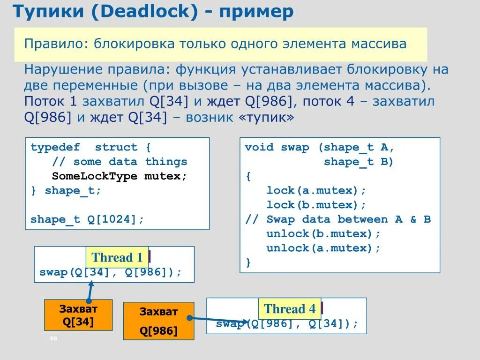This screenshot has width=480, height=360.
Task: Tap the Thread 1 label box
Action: tap(117, 257)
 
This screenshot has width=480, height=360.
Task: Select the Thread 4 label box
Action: tap(290, 309)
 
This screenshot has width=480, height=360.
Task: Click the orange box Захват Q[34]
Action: tap(78, 315)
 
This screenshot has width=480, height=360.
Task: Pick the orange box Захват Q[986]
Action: tap(158, 321)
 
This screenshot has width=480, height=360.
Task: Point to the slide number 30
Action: tap(52, 339)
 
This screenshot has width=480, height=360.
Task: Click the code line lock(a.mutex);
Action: tap(316, 190)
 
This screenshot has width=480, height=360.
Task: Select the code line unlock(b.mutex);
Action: tap(323, 233)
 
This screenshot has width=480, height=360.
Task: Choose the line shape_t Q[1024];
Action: tap(87, 219)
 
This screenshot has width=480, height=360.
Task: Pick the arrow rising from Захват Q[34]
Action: tap(90, 291)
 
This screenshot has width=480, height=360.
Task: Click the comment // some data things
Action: tap(119, 162)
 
